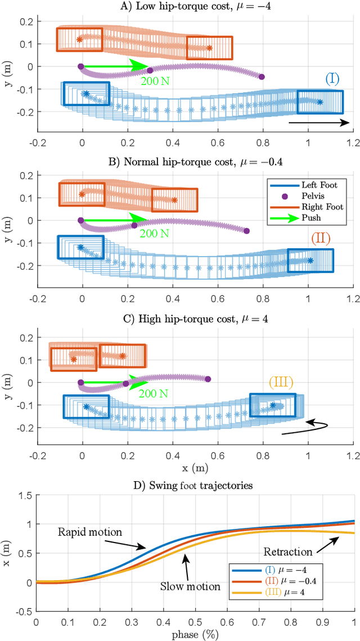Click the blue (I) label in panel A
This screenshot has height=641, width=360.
(332, 79)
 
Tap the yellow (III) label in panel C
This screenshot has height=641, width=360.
(281, 383)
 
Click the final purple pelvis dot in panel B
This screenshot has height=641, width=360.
(246, 231)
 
